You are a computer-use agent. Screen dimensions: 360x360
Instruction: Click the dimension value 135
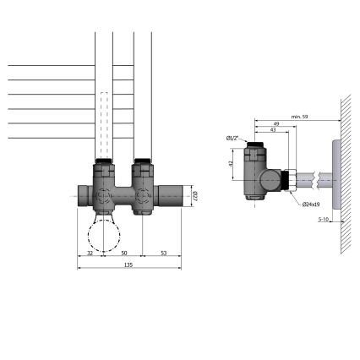coord(129,264)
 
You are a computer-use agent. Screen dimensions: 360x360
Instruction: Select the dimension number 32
coord(90,253)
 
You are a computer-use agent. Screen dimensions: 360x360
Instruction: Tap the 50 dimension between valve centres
coord(123,253)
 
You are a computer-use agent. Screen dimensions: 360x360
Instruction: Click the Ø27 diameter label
coord(194,194)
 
